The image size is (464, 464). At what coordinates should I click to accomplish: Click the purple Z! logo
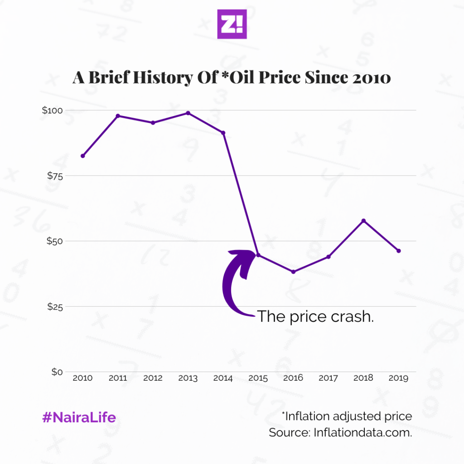click(x=232, y=24)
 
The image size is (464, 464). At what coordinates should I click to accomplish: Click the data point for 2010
click(x=83, y=156)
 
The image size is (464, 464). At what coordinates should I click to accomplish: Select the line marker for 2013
click(x=188, y=113)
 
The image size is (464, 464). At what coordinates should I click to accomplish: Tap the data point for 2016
click(x=294, y=272)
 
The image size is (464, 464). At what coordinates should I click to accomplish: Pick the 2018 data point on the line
click(x=363, y=221)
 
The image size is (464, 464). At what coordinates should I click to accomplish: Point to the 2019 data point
click(x=399, y=251)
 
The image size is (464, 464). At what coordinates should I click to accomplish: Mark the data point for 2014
click(x=223, y=133)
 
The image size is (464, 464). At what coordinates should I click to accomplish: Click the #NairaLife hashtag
click(x=79, y=417)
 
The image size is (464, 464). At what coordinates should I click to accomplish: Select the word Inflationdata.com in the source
click(x=362, y=432)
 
